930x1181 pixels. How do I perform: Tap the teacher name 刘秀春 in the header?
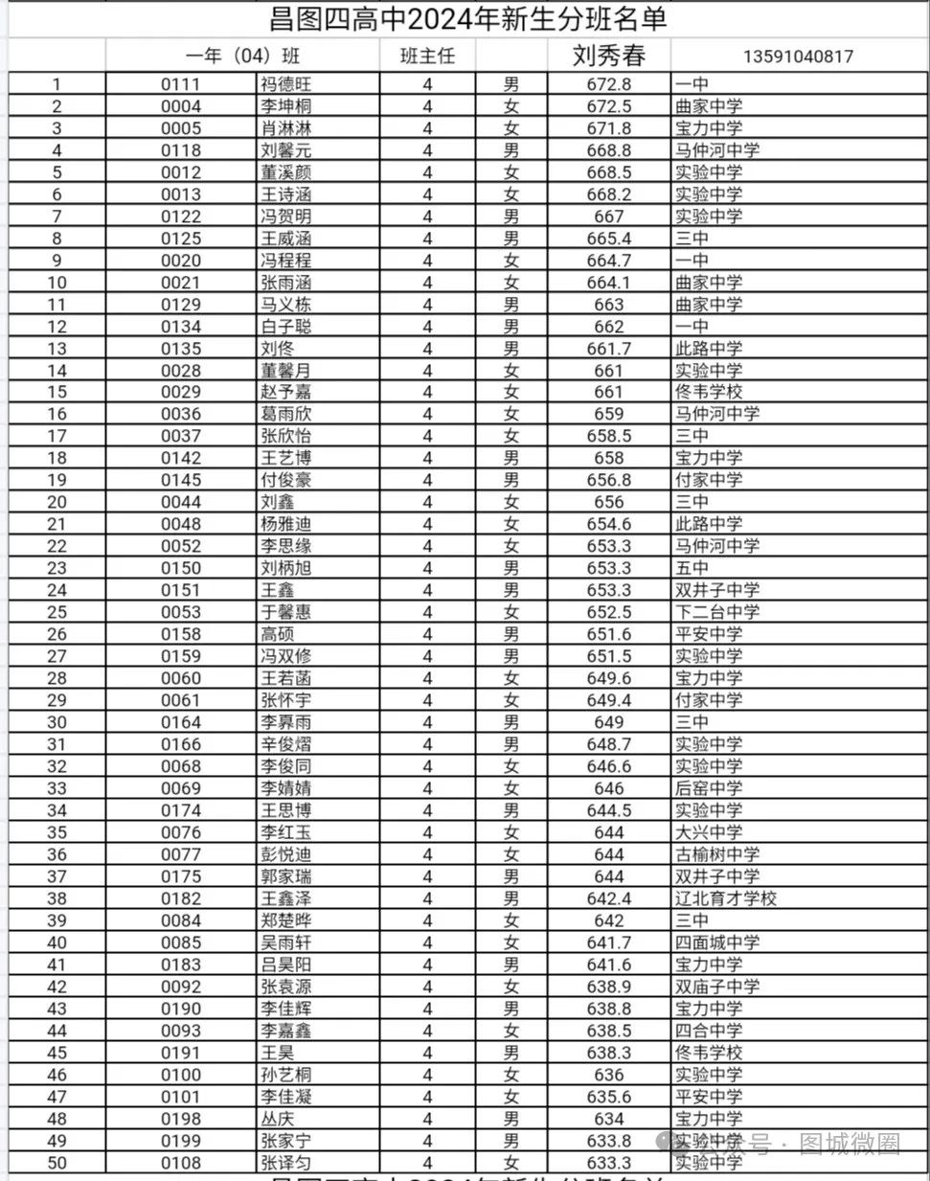click(x=608, y=56)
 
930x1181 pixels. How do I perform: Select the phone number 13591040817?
click(x=797, y=57)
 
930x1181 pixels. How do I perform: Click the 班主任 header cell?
click(x=427, y=57)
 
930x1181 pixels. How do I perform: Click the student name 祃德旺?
click(x=285, y=84)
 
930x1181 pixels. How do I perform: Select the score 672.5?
click(x=608, y=106)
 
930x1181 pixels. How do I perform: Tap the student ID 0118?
click(x=181, y=150)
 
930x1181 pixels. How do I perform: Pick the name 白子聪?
click(x=285, y=327)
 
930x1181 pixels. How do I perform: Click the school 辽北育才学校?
click(x=725, y=898)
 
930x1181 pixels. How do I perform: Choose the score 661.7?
click(x=608, y=349)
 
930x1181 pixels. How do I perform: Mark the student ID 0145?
click(x=181, y=480)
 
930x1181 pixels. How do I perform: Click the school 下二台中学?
click(x=716, y=612)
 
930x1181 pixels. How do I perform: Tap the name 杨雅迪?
click(x=285, y=524)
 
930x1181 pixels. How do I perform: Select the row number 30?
click(x=57, y=722)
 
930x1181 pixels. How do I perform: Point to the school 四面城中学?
click(x=716, y=943)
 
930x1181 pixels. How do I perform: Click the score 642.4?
click(x=608, y=898)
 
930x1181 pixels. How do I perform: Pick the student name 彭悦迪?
click(x=285, y=854)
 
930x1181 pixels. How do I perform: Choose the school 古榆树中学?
click(x=716, y=854)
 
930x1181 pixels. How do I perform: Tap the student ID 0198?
click(x=181, y=1119)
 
